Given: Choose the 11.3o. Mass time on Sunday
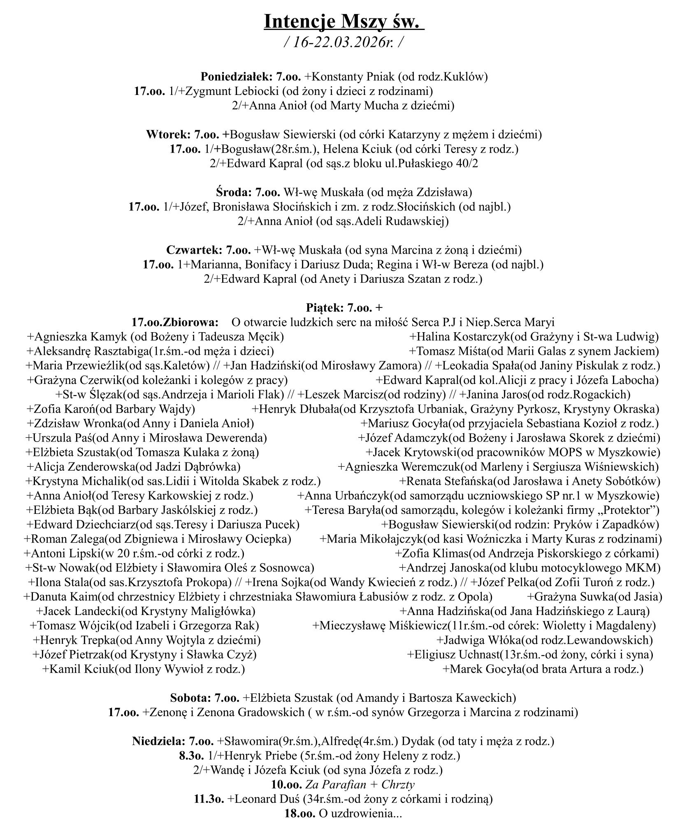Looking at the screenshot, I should [x=209, y=799].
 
